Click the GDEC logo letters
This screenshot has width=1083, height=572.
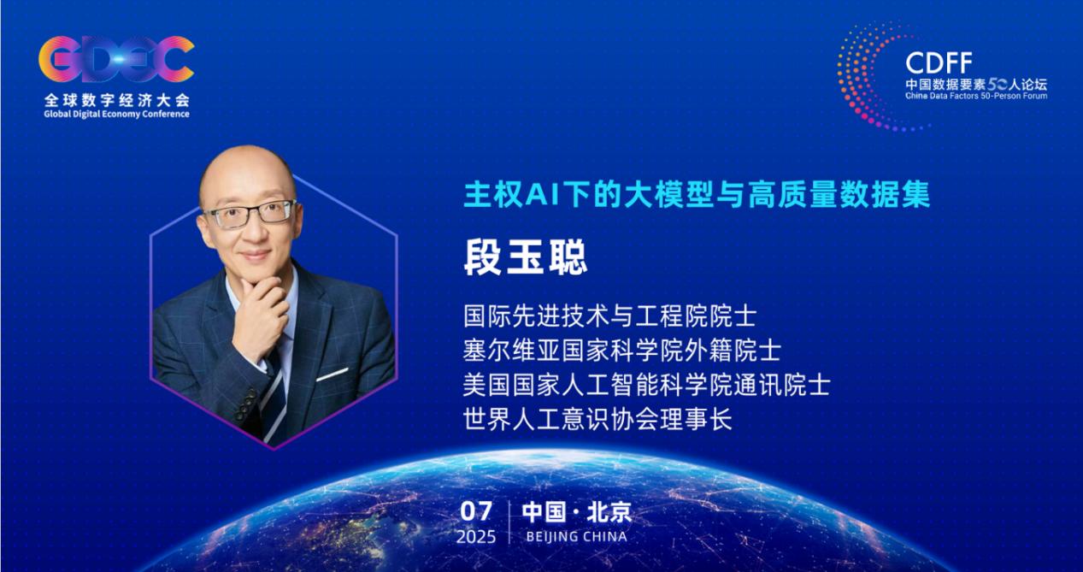[116, 59]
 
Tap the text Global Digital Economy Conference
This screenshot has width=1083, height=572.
[116, 114]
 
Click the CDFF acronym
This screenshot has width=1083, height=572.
[939, 63]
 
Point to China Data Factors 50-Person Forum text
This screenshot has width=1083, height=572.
[976, 97]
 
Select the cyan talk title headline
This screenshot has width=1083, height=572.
[697, 195]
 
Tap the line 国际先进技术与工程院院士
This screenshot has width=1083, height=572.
[609, 315]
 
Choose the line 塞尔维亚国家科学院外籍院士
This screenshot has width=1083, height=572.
[621, 350]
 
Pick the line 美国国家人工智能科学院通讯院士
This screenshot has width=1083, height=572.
[646, 385]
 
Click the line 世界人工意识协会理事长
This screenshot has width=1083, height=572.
[597, 419]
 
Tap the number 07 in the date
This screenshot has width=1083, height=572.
[476, 511]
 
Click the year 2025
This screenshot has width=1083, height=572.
[476, 537]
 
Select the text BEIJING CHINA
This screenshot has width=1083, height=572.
[576, 537]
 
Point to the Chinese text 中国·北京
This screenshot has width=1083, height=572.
[577, 512]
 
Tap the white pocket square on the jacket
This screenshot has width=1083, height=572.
[332, 374]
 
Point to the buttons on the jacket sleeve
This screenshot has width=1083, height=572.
[245, 404]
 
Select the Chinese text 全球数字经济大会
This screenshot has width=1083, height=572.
[116, 100]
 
